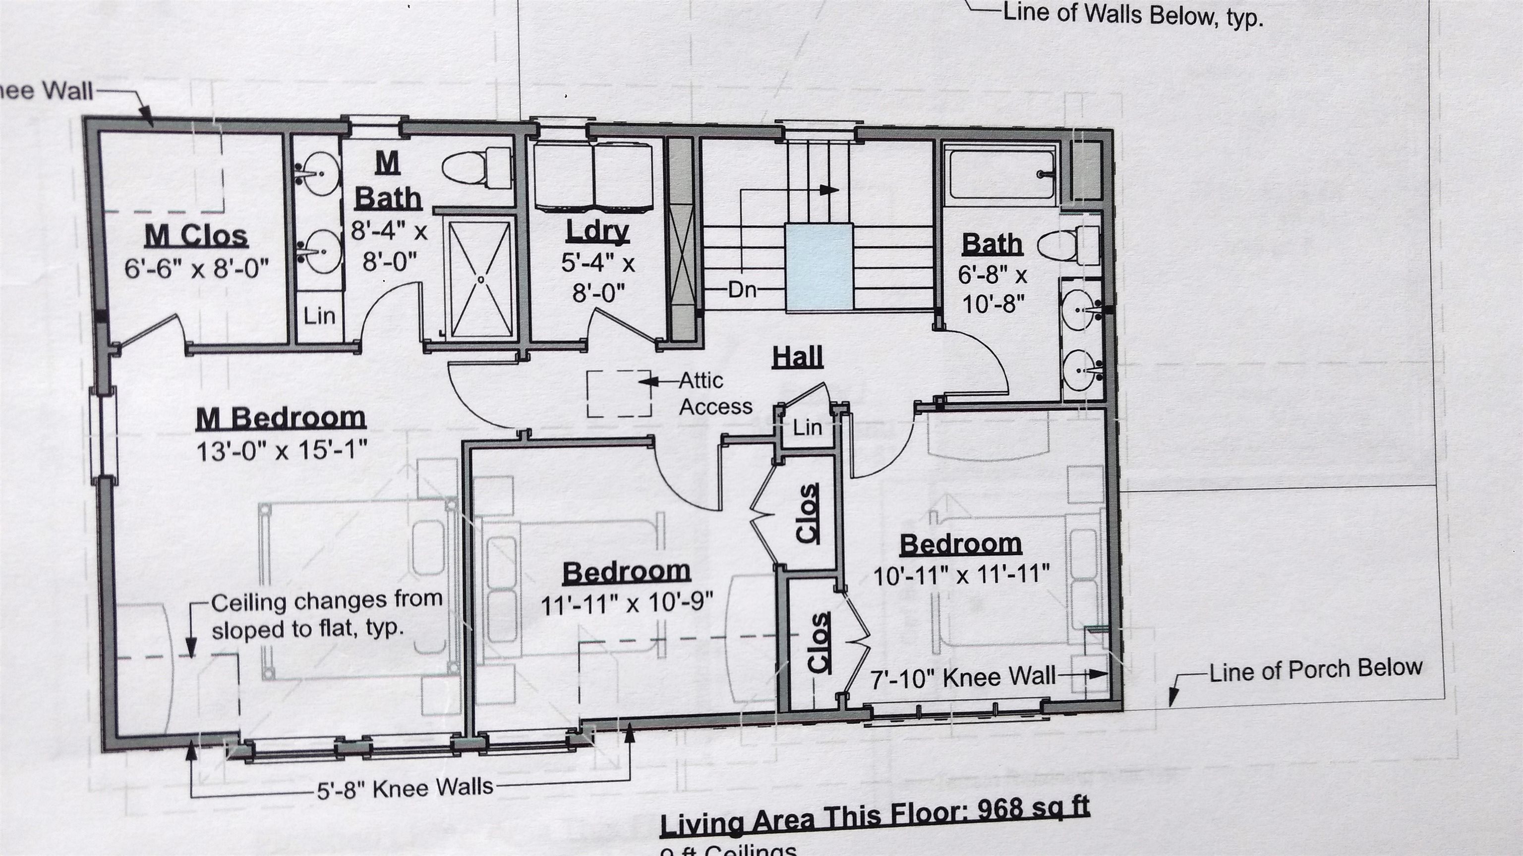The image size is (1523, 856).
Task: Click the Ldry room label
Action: coord(597,231)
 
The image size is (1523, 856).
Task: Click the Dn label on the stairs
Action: coord(742,290)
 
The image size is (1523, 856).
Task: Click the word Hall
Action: coord(798,357)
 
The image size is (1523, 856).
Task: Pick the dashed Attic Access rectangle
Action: coord(618,393)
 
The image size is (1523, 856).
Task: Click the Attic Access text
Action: coord(715,393)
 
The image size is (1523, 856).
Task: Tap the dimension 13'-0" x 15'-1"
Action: coord(282,451)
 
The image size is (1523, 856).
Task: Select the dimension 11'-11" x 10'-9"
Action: coord(627,604)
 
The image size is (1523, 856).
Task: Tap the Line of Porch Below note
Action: coord(1315,670)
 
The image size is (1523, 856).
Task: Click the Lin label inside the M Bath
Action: coord(319,316)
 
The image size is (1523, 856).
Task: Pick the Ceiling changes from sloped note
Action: coord(326,615)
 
